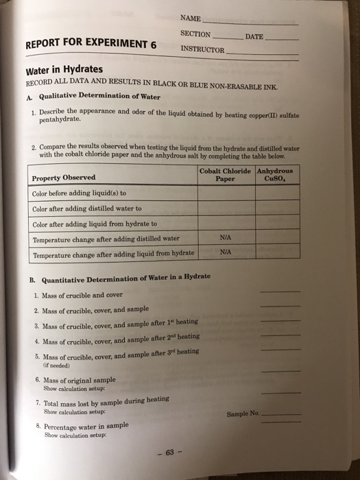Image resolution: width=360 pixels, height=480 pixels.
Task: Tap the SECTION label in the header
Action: (x=195, y=34)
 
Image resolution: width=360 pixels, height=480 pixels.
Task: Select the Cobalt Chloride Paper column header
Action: (x=226, y=175)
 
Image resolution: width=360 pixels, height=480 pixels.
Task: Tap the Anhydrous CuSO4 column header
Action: (x=274, y=175)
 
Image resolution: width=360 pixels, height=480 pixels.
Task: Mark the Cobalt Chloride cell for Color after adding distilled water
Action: (x=225, y=208)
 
